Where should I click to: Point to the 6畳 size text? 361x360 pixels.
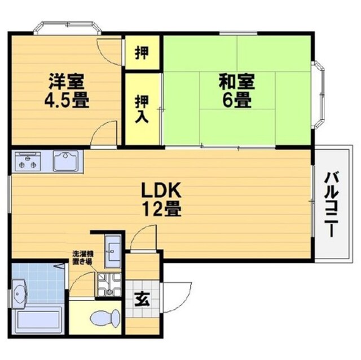(x=236, y=102)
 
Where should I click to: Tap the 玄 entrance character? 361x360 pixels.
(x=142, y=299)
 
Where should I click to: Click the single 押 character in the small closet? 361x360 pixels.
(x=142, y=53)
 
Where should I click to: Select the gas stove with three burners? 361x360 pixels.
(x=28, y=161)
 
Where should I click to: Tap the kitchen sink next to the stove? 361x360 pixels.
(x=68, y=161)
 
